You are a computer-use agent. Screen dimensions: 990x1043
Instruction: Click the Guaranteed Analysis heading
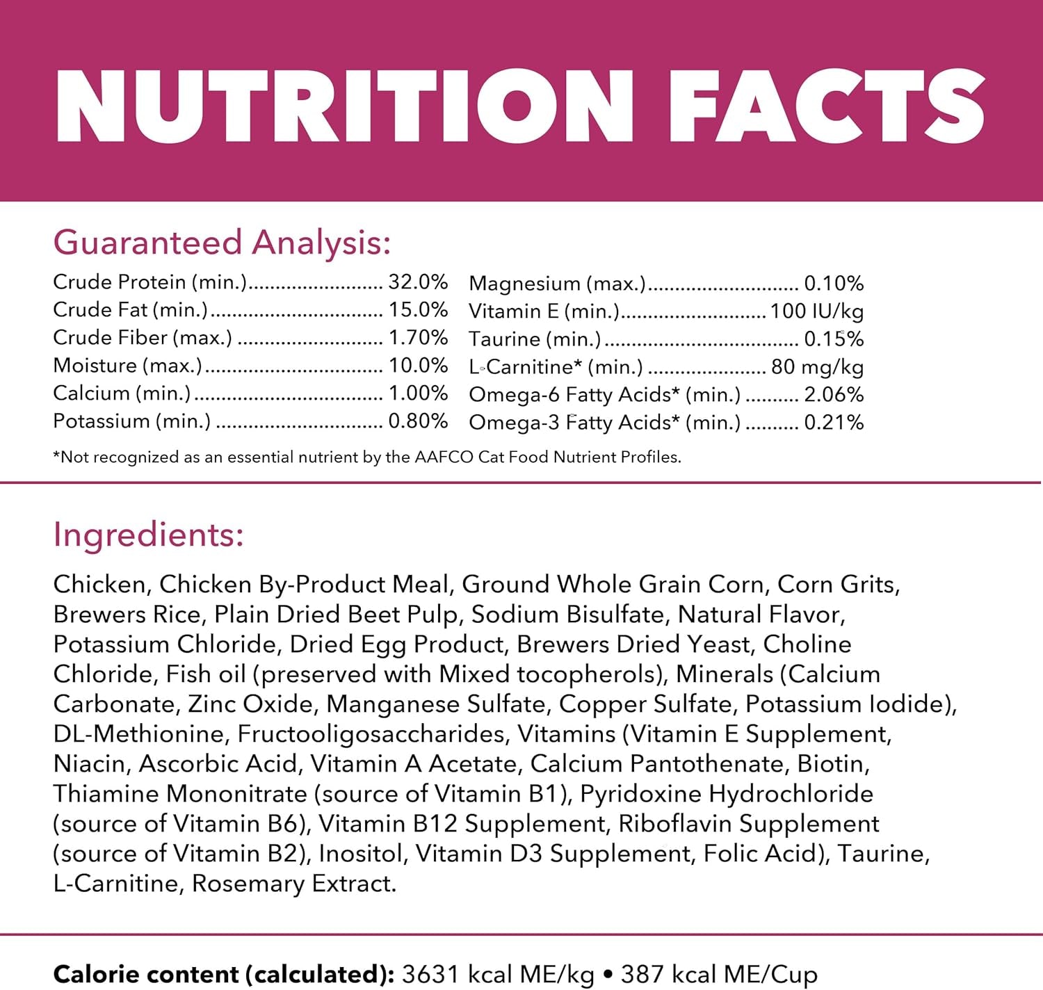click(222, 242)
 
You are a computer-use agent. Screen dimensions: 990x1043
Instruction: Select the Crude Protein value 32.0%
click(418, 282)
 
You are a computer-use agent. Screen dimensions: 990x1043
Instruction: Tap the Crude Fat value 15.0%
click(418, 309)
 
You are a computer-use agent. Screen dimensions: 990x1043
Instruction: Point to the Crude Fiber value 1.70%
click(418, 337)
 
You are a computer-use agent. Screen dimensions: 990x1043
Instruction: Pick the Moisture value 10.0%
click(418, 365)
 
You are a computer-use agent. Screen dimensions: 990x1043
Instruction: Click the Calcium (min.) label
click(122, 393)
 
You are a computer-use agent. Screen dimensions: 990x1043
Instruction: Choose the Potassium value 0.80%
click(418, 421)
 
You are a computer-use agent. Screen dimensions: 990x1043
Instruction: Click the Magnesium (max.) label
click(557, 284)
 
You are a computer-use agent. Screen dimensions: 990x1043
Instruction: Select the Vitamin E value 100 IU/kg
click(816, 311)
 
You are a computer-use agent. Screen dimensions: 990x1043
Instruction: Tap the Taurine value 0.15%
click(834, 339)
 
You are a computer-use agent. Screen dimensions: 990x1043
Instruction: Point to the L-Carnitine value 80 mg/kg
click(817, 367)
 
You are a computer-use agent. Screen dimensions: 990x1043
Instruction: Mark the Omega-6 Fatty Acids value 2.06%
click(834, 395)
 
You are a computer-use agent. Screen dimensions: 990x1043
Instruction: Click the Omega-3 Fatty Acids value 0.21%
click(834, 423)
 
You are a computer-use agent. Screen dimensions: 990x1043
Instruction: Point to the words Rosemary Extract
click(293, 883)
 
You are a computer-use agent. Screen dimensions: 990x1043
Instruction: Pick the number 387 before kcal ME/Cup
click(642, 974)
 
